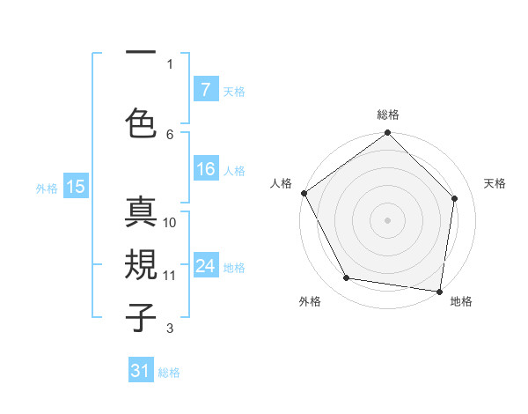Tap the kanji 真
pos(142,214)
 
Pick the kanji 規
pos(142,265)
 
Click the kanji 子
pos(142,315)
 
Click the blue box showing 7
pos(205,89)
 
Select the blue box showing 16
pos(205,169)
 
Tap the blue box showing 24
pos(205,266)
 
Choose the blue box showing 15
pos(76,186)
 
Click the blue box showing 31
pos(141,371)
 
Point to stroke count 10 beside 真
pos(170,223)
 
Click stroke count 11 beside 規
pos(170,275)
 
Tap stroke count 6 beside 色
pos(170,134)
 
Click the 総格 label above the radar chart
pos(387,115)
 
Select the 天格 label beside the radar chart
pos(495,183)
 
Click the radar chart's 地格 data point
pos(440,291)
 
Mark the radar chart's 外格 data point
pos(347,278)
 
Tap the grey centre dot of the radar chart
pos(387,219)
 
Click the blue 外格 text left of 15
pos(47,188)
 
